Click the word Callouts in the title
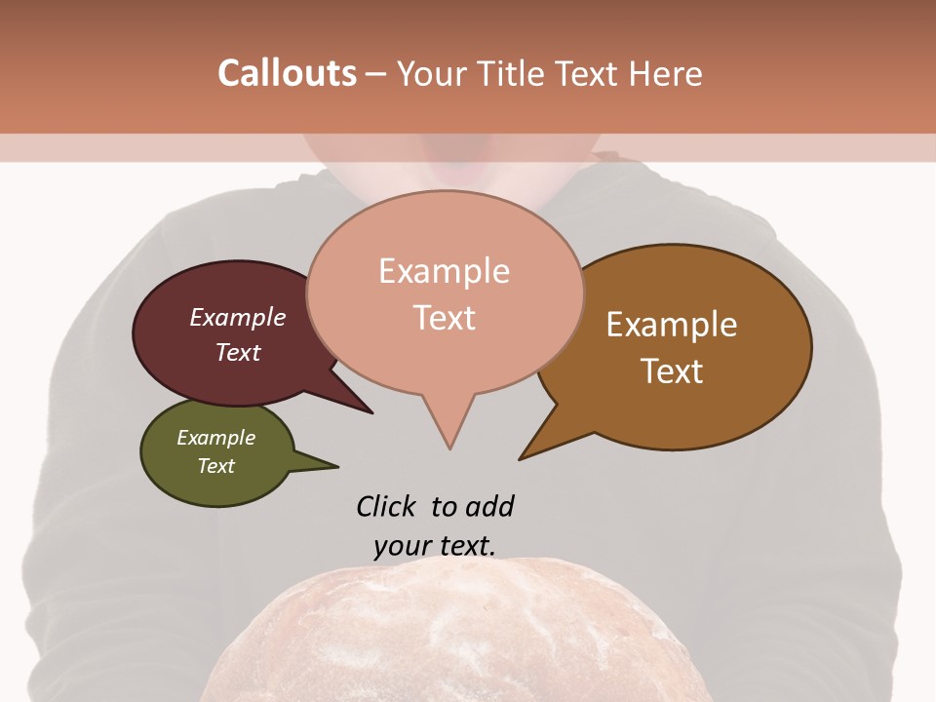point(287,73)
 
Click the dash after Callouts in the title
point(376,74)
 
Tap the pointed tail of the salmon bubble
point(448,434)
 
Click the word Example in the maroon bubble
point(238,317)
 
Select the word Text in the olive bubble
point(216,466)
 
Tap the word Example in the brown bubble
point(672,325)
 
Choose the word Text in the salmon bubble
point(445,318)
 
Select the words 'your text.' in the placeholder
point(435,546)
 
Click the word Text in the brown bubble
point(672,371)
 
